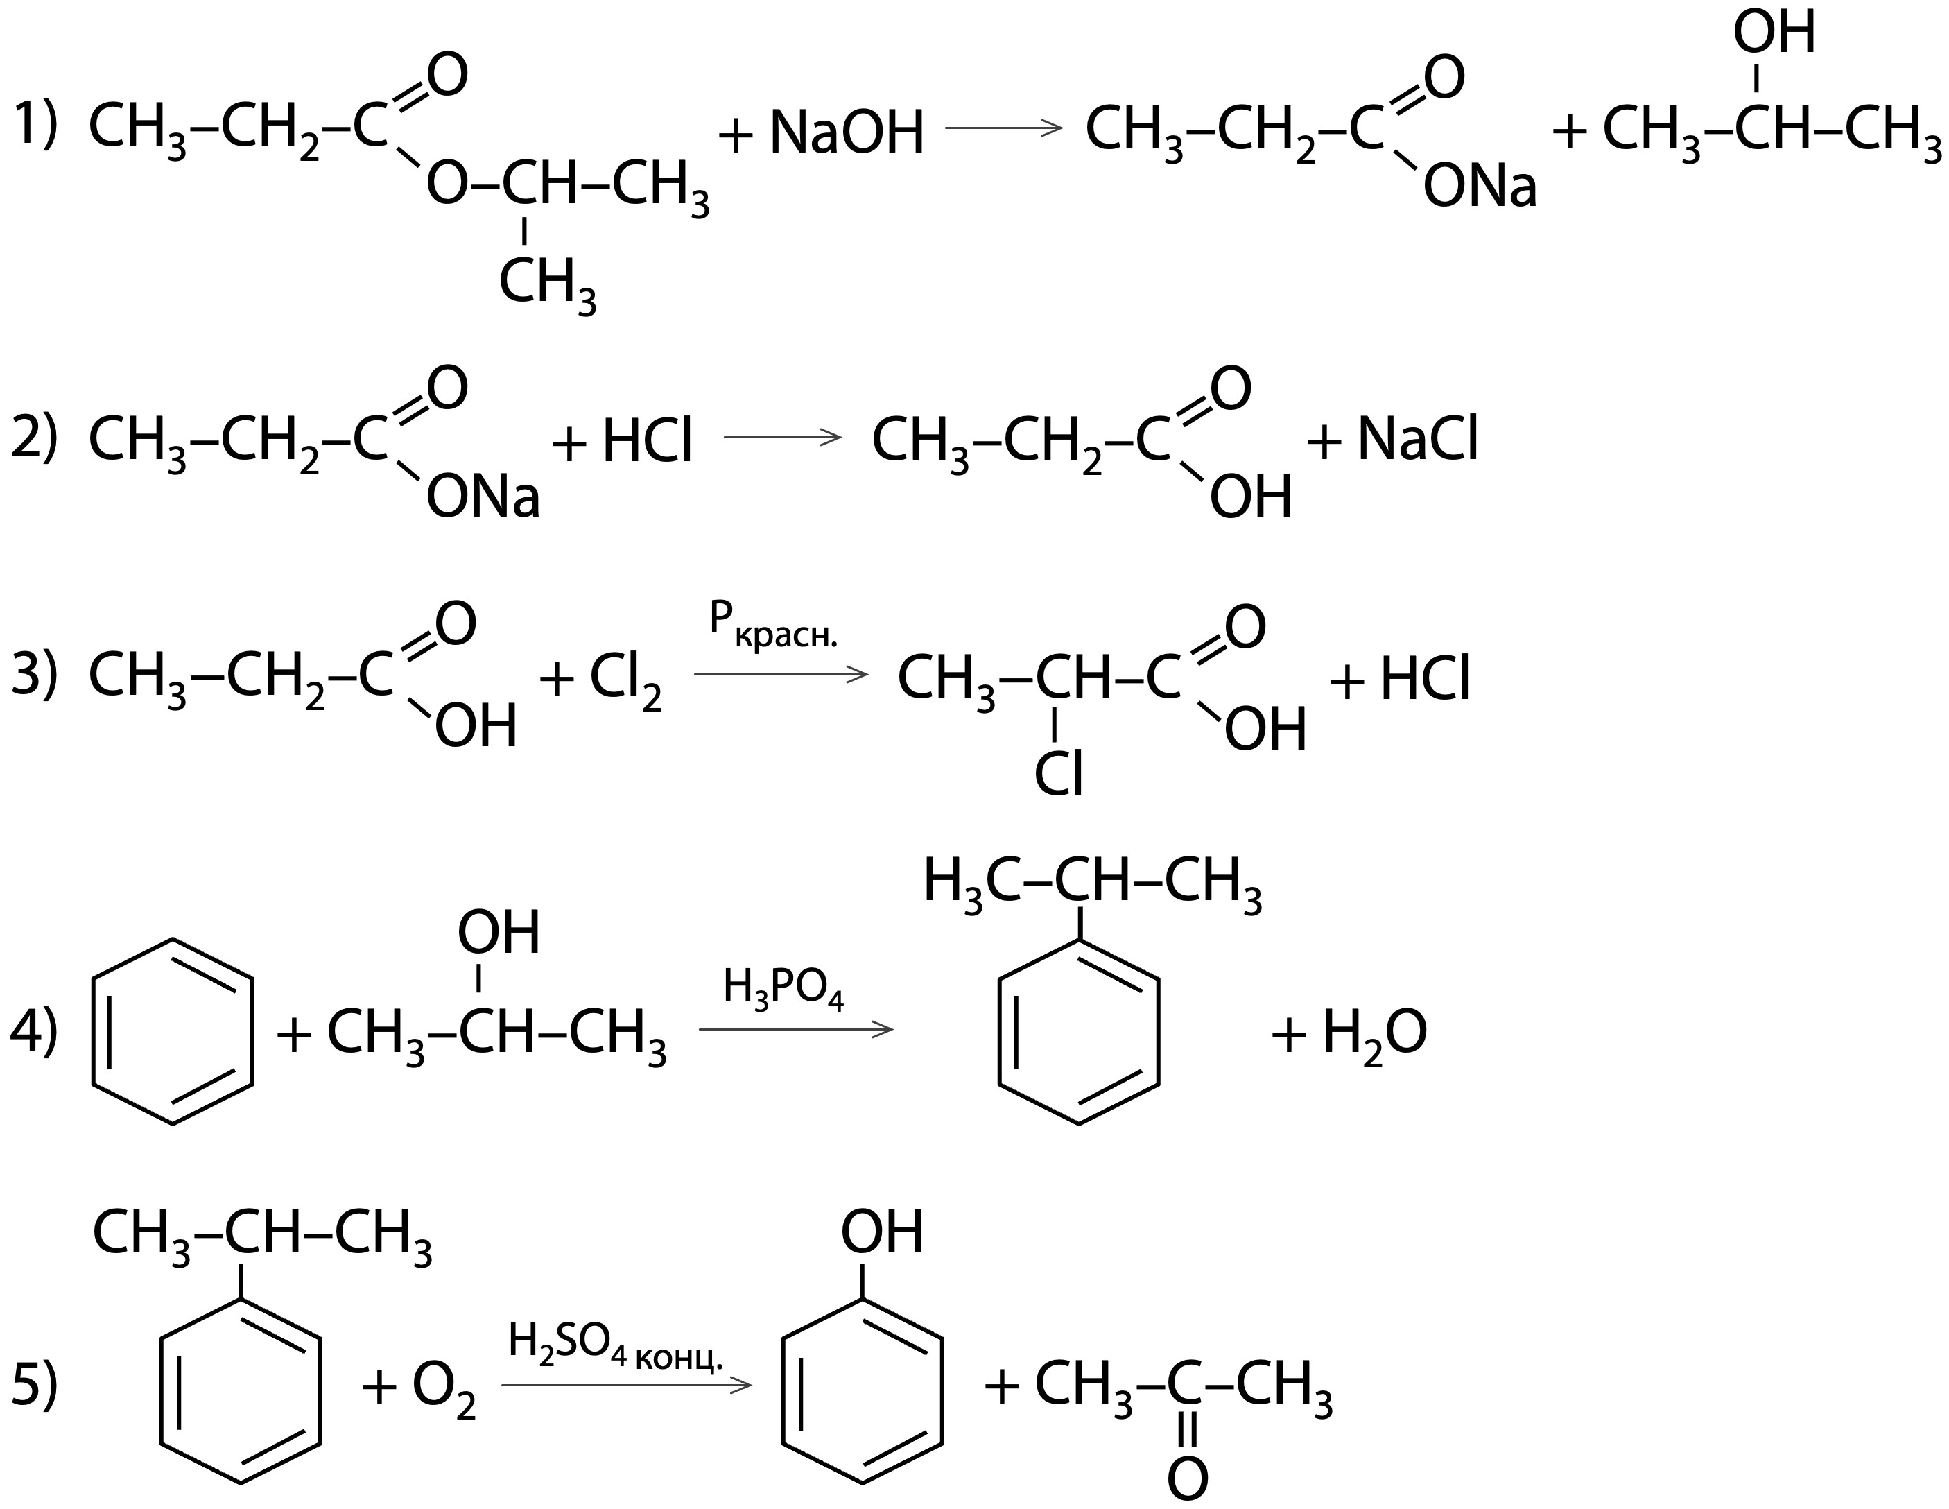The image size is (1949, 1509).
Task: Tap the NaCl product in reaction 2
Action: pyautogui.click(x=1418, y=440)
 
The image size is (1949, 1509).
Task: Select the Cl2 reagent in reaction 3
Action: pyautogui.click(x=625, y=680)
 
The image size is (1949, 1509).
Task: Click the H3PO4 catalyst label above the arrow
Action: pyautogui.click(x=783, y=989)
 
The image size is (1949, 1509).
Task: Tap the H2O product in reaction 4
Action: pyautogui.click(x=1374, y=1033)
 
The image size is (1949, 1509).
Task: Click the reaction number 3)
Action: pyautogui.click(x=34, y=674)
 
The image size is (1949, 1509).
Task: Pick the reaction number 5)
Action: pyautogui.click(x=34, y=1386)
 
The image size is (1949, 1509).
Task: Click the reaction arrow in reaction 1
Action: pyautogui.click(x=1003, y=128)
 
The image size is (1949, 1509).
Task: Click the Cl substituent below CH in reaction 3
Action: pyautogui.click(x=1058, y=774)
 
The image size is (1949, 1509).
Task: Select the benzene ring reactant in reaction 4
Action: pyautogui.click(x=172, y=1031)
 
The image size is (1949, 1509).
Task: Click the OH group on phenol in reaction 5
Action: pyautogui.click(x=881, y=1232)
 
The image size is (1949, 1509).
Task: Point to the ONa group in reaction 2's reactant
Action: pyautogui.click(x=483, y=498)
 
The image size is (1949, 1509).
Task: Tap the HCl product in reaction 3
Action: pyautogui.click(x=1424, y=680)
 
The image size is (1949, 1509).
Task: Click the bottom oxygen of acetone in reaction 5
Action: pyautogui.click(x=1187, y=1478)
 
